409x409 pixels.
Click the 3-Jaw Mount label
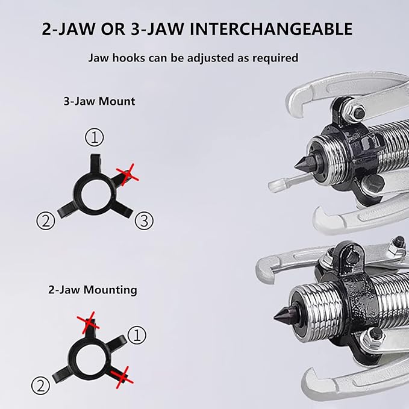99,101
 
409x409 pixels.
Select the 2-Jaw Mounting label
93,290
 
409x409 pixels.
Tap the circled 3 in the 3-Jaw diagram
143,221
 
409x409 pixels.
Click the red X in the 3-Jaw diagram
127,175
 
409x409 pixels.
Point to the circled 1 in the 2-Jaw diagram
138,334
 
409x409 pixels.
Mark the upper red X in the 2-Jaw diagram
90,323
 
